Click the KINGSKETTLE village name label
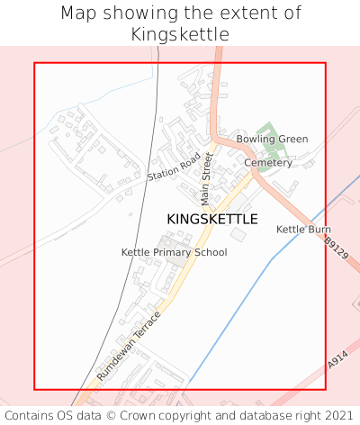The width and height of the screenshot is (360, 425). click(x=212, y=219)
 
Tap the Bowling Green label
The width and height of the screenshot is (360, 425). click(x=272, y=140)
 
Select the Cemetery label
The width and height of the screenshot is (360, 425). click(x=268, y=163)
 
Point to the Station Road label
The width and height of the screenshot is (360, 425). click(x=174, y=165)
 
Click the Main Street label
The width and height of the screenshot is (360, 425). click(x=207, y=177)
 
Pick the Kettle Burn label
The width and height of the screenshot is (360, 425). click(x=303, y=230)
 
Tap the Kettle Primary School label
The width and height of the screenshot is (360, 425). click(x=174, y=252)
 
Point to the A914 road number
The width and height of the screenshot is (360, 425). click(x=337, y=360)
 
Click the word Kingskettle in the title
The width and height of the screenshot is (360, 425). click(x=180, y=34)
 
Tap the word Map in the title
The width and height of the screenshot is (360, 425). click(x=78, y=14)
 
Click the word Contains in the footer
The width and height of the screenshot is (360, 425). click(x=30, y=415)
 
